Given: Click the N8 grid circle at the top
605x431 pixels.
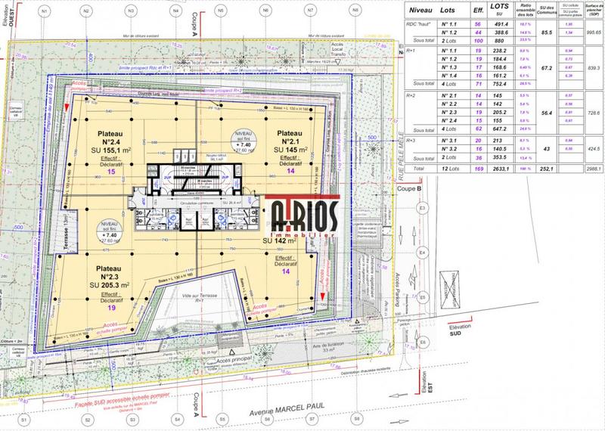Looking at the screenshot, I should pos(355,11).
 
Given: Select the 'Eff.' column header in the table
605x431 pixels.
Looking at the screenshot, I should pos(478,11).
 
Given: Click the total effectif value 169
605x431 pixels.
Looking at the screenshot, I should pos(478,169).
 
